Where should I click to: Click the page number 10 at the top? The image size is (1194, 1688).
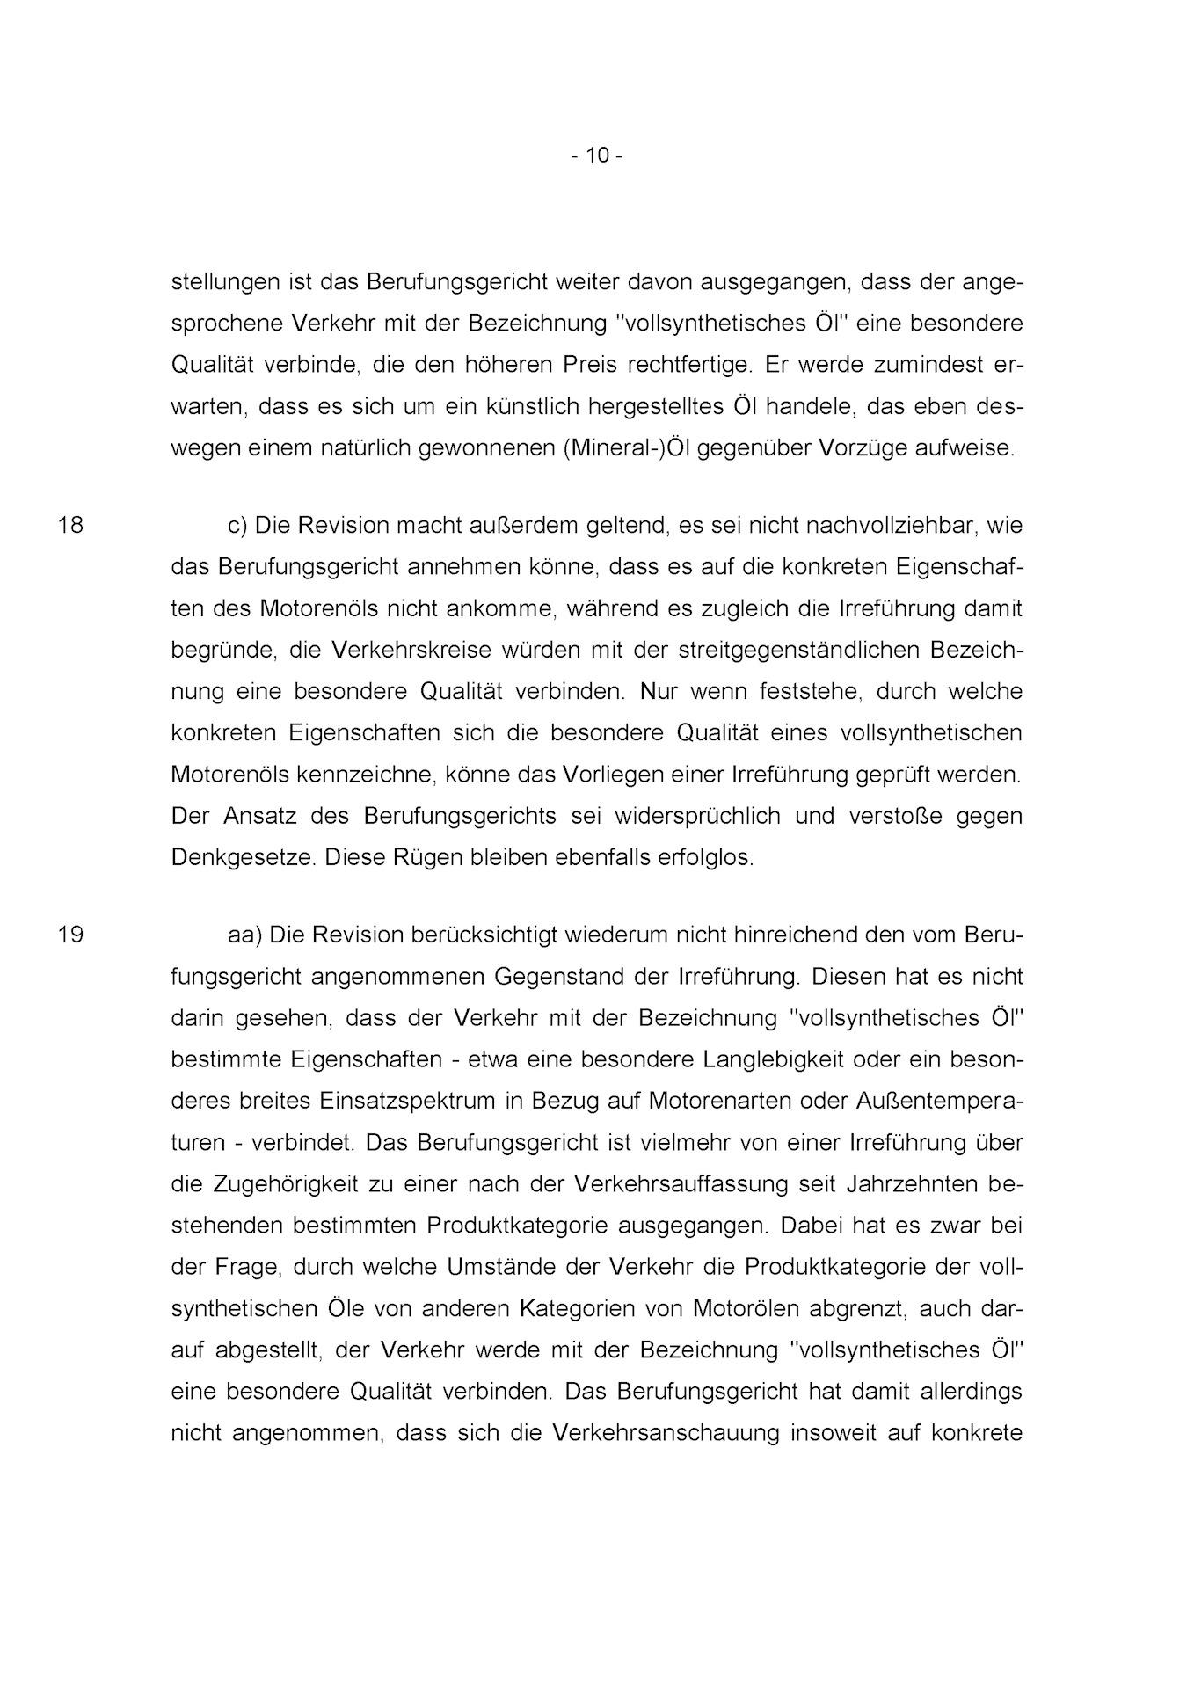(597, 156)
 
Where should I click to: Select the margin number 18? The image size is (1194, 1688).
(70, 526)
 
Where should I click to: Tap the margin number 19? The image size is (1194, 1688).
(70, 935)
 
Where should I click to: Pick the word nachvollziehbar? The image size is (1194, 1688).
(892, 526)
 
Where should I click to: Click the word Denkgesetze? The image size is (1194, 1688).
(243, 857)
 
